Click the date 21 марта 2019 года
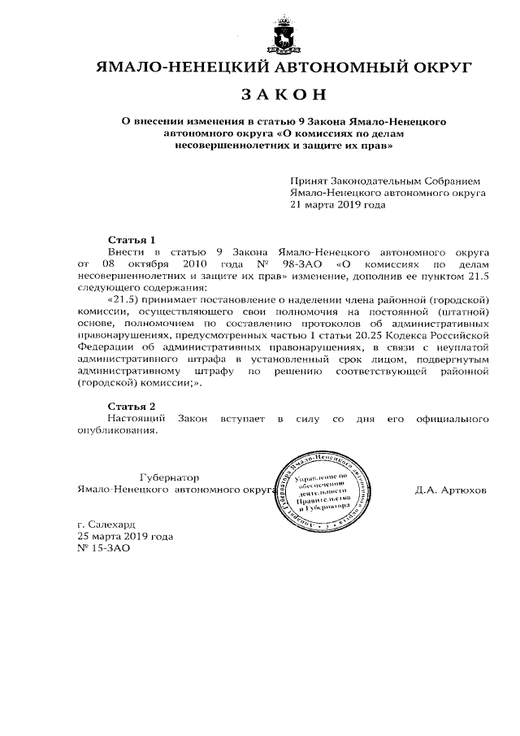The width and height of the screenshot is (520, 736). point(338,205)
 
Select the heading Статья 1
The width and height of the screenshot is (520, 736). point(132,240)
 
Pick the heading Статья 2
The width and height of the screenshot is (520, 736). point(132,405)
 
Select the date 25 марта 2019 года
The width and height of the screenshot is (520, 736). point(124,537)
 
